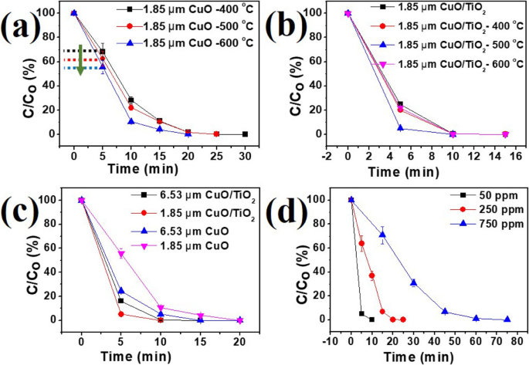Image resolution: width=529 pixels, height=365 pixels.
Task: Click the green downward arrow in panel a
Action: coord(80,60)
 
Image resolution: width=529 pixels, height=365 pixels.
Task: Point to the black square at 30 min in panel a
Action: coord(245,133)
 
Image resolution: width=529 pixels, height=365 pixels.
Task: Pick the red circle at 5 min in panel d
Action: coord(361,244)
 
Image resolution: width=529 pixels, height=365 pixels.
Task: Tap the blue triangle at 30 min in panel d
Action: coord(413,282)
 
